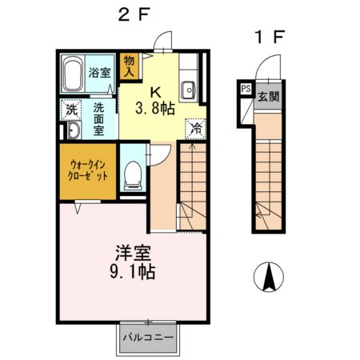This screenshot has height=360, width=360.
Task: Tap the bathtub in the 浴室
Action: click(x=73, y=74)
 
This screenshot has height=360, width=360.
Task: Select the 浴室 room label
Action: click(x=99, y=70)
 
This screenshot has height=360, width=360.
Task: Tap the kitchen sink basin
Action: click(x=189, y=88)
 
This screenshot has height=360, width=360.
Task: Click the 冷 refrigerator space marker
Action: click(x=194, y=126)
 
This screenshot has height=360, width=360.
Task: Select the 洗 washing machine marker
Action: click(x=70, y=110)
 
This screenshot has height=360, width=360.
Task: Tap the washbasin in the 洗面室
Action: click(x=71, y=131)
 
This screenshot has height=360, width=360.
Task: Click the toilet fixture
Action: click(x=134, y=169)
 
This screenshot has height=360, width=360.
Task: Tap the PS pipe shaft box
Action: click(x=244, y=90)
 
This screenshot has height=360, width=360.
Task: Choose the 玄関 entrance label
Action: click(x=267, y=97)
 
